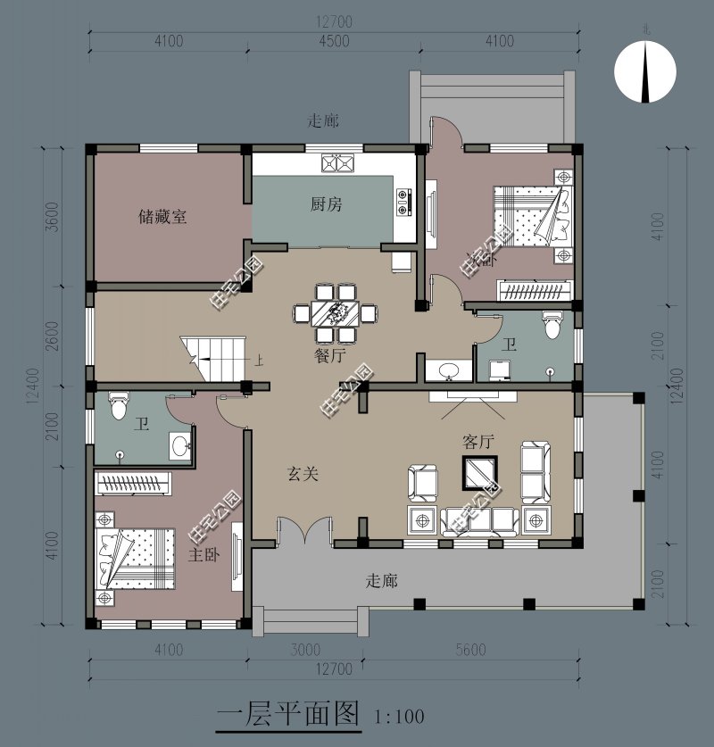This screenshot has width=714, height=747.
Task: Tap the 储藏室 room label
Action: click(162, 216)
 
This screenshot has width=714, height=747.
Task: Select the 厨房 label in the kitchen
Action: click(326, 204)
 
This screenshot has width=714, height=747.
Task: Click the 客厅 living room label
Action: click(478, 441)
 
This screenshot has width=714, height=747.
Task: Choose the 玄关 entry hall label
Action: click(303, 474)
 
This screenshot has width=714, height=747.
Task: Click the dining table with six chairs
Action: click(336, 312)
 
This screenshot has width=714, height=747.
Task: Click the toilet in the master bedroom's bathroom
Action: click(117, 408)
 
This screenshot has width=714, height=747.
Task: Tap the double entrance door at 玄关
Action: click(305, 534)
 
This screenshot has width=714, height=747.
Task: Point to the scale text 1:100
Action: click(399, 716)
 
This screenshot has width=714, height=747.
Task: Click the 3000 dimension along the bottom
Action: click(304, 650)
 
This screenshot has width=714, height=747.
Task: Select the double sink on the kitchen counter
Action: click(338, 163)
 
